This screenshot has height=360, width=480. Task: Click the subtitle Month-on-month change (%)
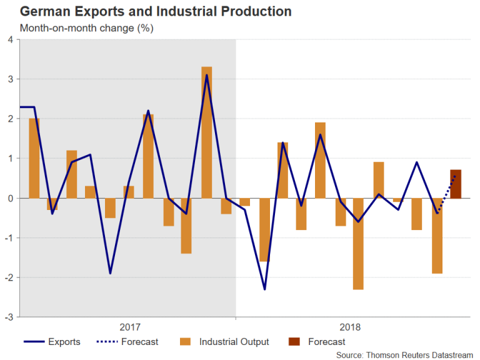[x=86, y=28]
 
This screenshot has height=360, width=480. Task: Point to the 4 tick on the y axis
[x=9, y=39]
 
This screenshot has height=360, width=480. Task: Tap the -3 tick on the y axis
[x=8, y=317]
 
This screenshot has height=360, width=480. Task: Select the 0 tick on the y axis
[x=9, y=198]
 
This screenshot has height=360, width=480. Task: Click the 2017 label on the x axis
[x=129, y=327]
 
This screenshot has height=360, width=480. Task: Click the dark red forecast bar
[x=456, y=184]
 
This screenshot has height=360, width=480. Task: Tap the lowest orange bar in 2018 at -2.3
[x=358, y=244]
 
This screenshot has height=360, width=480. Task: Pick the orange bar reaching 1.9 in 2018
[x=320, y=160]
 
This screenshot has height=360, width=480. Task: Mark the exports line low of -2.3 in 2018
[x=265, y=289]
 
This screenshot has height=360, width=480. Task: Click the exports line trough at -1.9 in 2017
[x=111, y=273]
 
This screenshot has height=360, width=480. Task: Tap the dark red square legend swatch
[x=294, y=342]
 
